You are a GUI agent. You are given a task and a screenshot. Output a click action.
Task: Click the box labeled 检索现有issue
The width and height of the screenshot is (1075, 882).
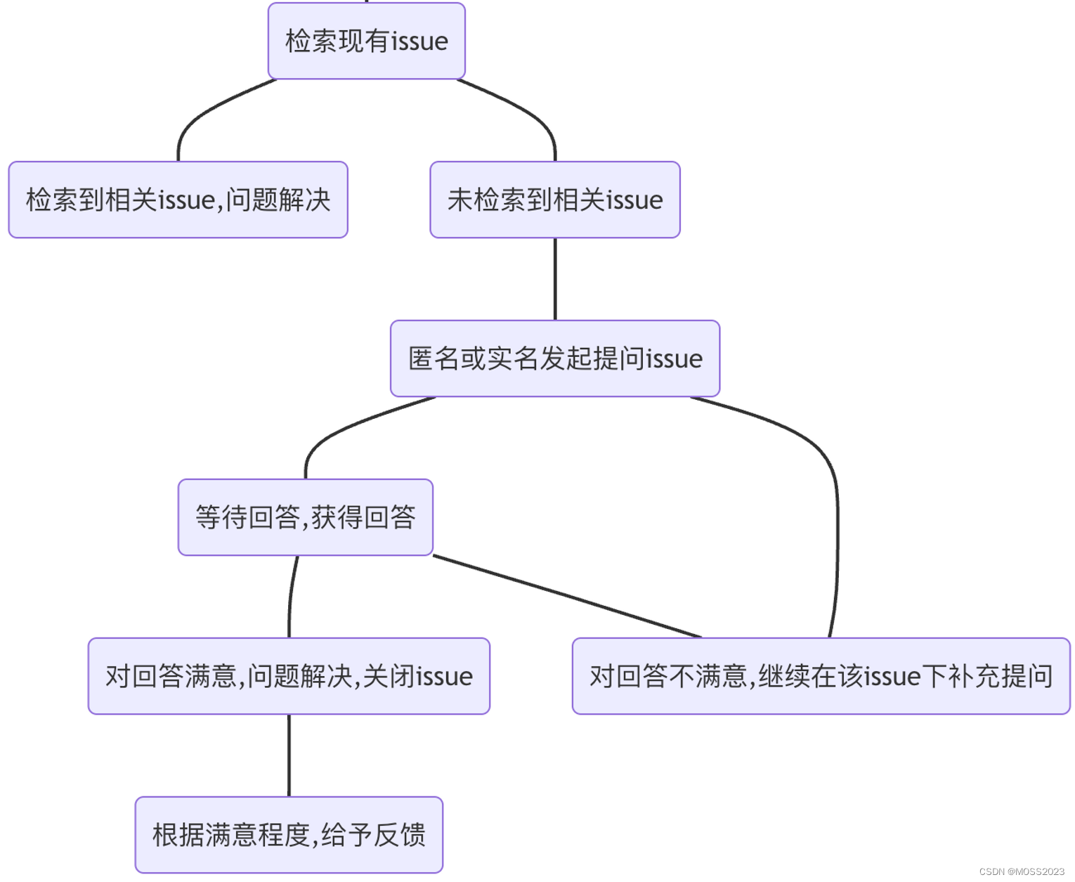(x=366, y=41)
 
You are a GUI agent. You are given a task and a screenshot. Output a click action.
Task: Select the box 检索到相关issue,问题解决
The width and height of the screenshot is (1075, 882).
(x=178, y=200)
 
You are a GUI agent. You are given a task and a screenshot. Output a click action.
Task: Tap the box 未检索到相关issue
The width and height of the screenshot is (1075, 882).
(x=555, y=200)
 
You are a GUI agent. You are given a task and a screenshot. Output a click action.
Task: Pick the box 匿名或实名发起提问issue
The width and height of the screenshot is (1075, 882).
(x=555, y=358)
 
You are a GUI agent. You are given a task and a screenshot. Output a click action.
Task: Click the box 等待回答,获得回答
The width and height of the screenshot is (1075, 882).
(x=305, y=517)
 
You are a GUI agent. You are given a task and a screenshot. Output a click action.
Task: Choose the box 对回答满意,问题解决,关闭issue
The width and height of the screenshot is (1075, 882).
(x=289, y=676)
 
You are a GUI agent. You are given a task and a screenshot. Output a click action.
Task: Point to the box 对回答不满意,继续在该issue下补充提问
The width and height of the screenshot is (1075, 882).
(x=821, y=676)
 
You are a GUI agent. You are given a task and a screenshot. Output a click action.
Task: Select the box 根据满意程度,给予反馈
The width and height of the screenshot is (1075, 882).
(x=289, y=835)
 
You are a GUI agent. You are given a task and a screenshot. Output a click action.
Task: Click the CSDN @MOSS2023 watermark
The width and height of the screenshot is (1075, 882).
(x=1022, y=871)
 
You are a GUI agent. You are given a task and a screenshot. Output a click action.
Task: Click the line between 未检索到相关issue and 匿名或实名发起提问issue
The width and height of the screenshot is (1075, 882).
(x=555, y=279)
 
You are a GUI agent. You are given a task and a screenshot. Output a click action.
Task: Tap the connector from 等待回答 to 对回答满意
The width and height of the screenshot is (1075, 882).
(x=291, y=597)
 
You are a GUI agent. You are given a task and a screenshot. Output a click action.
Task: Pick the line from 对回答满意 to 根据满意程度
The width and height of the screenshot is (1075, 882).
(x=289, y=755)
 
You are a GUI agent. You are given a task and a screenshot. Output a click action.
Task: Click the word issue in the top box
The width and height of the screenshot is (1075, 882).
(x=419, y=41)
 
